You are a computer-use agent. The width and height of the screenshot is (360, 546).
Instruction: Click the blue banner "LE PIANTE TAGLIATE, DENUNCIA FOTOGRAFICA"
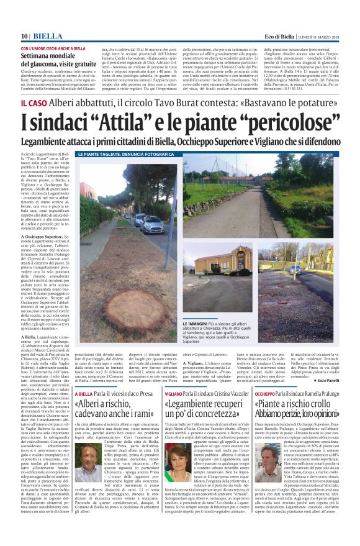tap(118, 154)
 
